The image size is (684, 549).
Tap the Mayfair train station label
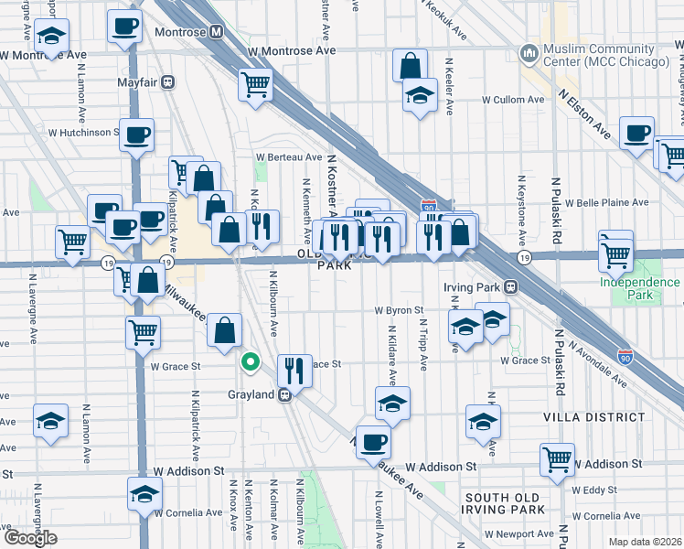coord(138,81)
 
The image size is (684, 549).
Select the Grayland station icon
coord(285,395)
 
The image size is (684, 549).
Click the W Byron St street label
coord(398,310)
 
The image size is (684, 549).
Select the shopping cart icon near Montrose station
coord(256,85)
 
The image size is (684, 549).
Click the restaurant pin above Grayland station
coord(294,371)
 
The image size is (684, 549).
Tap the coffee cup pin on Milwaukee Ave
coord(372,444)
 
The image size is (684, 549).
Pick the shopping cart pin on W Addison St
coord(557,460)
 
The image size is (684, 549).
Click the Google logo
coord(30,538)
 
